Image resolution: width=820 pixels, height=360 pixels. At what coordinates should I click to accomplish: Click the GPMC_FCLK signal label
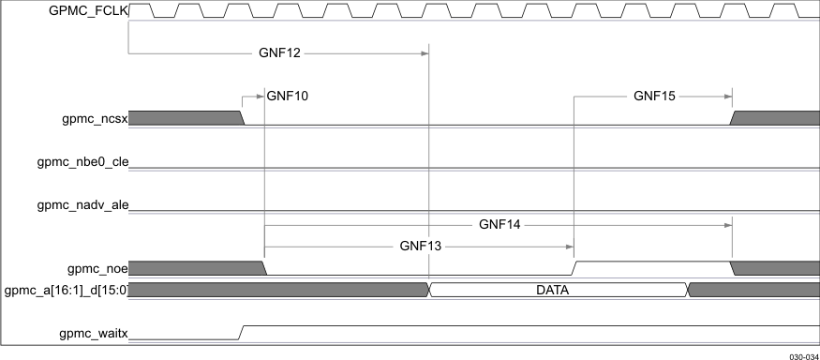point(88,10)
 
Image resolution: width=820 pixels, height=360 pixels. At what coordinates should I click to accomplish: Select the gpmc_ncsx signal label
point(94,118)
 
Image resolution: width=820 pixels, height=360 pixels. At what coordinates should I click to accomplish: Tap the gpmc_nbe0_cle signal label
point(82,162)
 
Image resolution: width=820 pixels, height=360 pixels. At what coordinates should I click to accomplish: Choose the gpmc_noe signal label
point(96,268)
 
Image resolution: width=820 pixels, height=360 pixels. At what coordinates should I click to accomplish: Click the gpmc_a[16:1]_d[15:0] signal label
point(67,290)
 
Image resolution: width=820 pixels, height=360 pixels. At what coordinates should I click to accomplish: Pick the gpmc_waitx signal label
point(93,332)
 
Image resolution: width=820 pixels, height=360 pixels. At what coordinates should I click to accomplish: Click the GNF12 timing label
point(279,53)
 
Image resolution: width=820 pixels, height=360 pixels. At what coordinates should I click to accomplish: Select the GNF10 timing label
point(288,95)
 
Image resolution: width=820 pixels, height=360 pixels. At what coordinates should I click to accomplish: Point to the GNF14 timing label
point(499,224)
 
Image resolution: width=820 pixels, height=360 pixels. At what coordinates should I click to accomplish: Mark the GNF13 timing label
point(419,247)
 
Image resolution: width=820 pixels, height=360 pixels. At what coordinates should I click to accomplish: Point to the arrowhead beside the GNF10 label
point(261,95)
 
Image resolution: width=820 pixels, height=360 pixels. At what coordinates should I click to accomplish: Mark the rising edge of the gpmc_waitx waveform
point(244,332)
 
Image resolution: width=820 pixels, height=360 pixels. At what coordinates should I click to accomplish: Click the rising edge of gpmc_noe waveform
point(574,268)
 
